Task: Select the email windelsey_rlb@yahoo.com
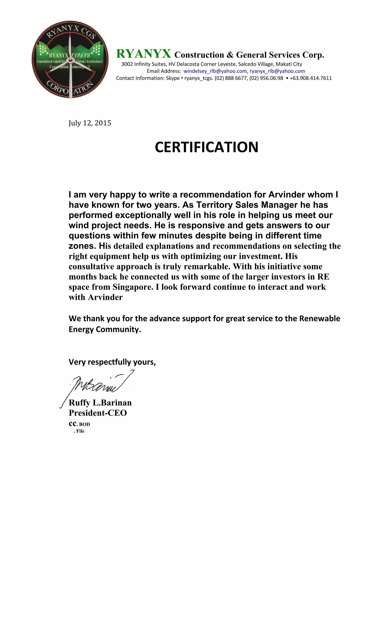[215, 71]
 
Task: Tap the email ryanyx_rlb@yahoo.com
[277, 71]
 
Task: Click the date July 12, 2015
[90, 123]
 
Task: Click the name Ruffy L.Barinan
[100, 403]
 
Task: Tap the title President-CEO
[98, 413]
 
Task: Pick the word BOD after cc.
[85, 424]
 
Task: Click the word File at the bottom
[80, 431]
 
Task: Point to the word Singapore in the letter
[133, 287]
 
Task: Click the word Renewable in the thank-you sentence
[319, 319]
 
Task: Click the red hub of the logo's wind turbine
[70, 60]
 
